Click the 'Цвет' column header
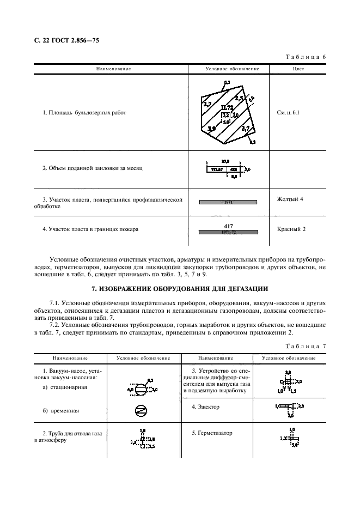coord(298,69)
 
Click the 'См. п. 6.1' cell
coord(288,113)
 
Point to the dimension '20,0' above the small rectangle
coord(225,162)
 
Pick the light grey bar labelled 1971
coord(228,202)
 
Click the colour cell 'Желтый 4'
coord(290,199)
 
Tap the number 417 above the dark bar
coord(228,225)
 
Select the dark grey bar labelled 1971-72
coord(228,232)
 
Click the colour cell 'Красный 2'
coord(291,229)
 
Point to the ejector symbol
coord(288,406)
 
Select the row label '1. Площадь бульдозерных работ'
coord(84,113)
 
